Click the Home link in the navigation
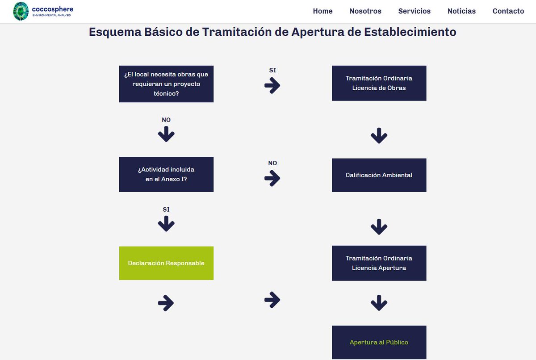coord(322,11)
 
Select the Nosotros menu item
coord(365,11)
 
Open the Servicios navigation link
coord(415,11)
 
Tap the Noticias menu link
coord(461,11)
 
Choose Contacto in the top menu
coord(508,11)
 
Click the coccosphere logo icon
coord(21,11)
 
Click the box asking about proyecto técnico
coord(166,84)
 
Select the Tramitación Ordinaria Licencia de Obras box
coord(379,83)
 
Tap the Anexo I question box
coord(166,174)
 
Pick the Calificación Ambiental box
coord(379,175)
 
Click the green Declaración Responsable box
coord(166,263)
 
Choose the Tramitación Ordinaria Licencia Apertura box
coord(379,263)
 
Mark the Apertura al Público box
coord(379,342)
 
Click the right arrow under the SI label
coord(272,85)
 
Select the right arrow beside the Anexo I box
coord(272,179)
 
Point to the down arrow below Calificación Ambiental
coord(379,227)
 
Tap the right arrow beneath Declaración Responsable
coord(166,303)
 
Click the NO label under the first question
coord(166,120)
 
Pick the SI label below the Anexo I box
coord(166,209)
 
